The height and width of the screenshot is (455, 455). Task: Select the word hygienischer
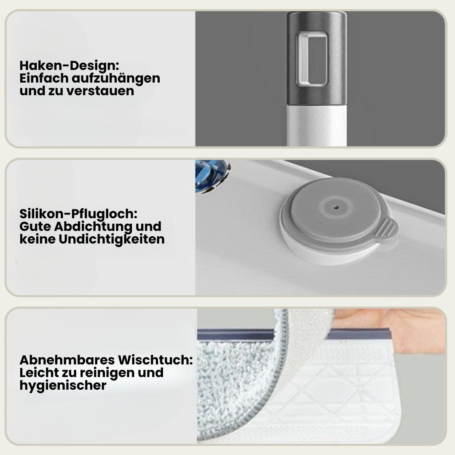63,385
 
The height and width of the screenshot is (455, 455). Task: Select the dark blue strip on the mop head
236,335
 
